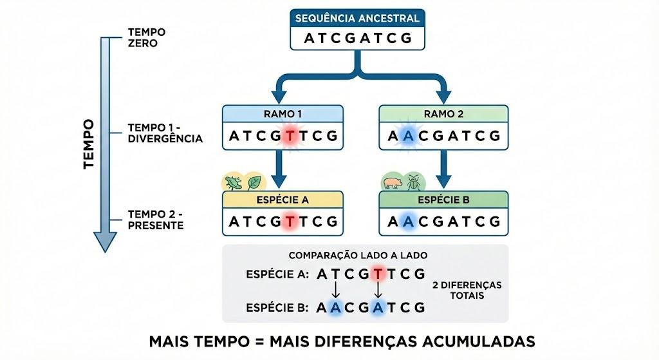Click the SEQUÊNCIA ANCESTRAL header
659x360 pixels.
tap(357, 19)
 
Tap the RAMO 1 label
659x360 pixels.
tap(283, 114)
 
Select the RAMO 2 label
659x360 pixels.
tap(443, 114)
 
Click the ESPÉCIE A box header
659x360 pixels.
tap(283, 200)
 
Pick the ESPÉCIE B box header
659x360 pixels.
tap(443, 200)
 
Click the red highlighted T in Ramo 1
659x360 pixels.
tap(290, 136)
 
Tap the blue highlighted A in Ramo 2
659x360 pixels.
tap(407, 136)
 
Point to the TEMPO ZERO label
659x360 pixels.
tap(147, 37)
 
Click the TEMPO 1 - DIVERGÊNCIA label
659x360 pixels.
tap(165, 133)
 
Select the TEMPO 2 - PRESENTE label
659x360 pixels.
tap(156, 220)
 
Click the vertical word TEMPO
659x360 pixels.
tap(89, 144)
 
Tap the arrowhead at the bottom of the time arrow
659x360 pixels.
tap(105, 242)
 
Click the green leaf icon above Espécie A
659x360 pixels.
tap(254, 182)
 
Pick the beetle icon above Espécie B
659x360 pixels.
tap(414, 182)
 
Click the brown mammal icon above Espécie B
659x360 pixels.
tap(393, 182)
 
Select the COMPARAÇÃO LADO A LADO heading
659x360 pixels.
tap(358, 255)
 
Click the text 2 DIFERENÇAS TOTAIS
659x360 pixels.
tap(467, 290)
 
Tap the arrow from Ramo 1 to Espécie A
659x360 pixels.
tap(279, 169)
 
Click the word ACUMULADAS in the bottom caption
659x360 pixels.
tap(479, 341)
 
